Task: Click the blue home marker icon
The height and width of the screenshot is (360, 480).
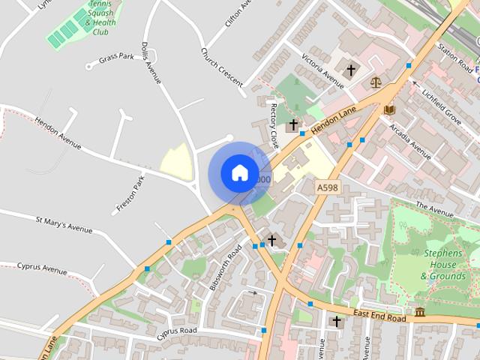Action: click(x=239, y=172)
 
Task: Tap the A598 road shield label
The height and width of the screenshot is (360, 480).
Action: click(x=326, y=187)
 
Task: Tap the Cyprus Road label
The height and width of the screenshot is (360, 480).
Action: click(x=177, y=330)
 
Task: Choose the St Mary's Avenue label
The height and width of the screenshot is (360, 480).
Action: click(x=64, y=223)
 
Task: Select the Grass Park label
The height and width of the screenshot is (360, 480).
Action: click(x=115, y=58)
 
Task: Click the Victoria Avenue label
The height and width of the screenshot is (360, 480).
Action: click(x=322, y=71)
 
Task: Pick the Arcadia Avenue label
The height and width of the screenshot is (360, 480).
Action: click(x=410, y=140)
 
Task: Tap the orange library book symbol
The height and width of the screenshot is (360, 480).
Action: click(x=388, y=109)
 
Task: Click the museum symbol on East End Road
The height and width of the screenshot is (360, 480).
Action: click(x=419, y=311)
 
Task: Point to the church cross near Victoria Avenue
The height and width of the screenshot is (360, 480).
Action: click(x=350, y=70)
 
